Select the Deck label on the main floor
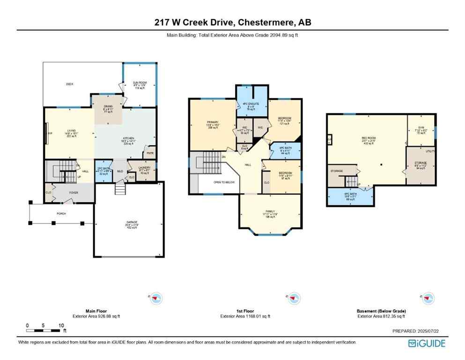[x=69, y=84]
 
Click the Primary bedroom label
[x=213, y=123]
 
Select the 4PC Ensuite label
[x=251, y=104]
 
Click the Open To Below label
[x=223, y=182]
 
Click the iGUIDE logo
[x=427, y=343]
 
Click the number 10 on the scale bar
[x=61, y=325]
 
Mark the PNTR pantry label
[x=150, y=153]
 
